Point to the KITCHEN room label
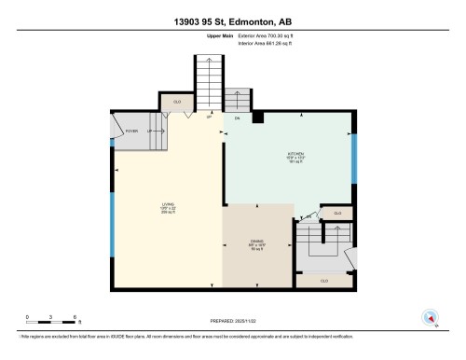coord(295,157)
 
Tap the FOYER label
coord(132,132)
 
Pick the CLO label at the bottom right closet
coord(323,280)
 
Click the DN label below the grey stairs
coord(237,119)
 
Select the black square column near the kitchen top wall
coord(258,118)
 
